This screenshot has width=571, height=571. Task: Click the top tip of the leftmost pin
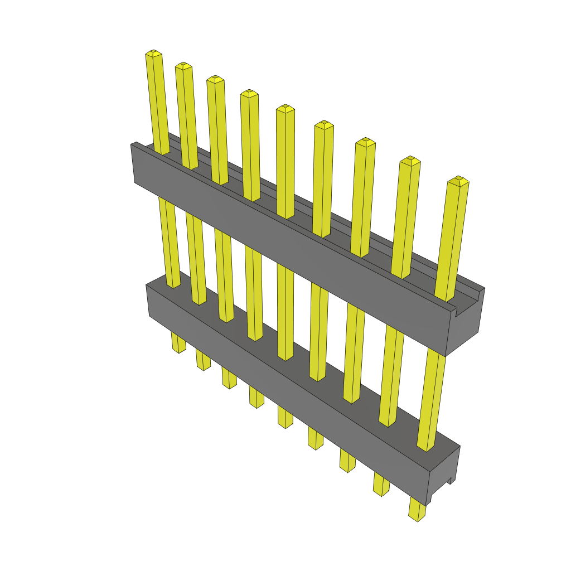[154, 54]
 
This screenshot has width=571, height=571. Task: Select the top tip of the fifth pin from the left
[285, 108]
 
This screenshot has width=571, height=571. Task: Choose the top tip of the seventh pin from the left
[365, 142]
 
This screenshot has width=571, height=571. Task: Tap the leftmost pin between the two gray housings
[170, 240]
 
